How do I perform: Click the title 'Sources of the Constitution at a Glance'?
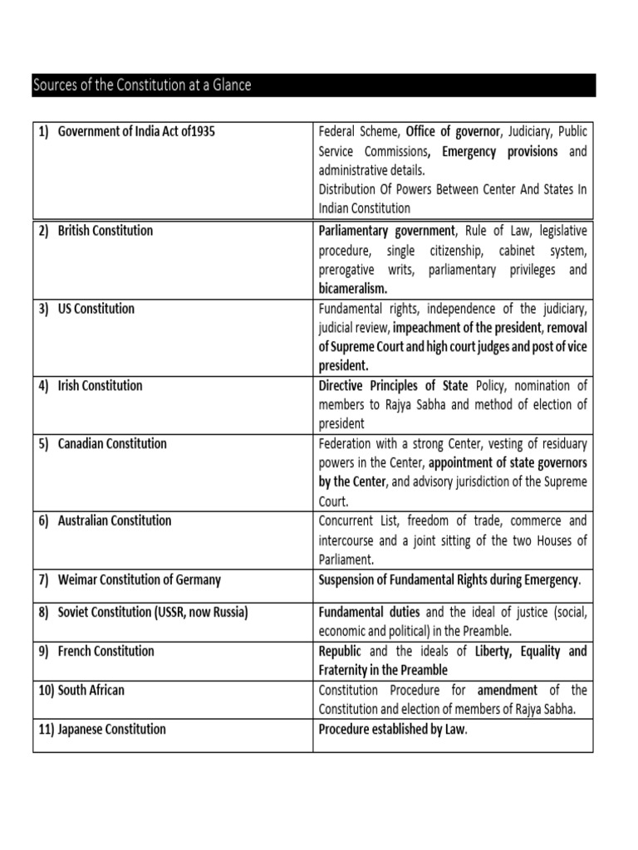point(141,85)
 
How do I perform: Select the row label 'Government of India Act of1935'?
point(136,132)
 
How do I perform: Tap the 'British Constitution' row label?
point(105,231)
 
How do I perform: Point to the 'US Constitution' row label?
point(96,309)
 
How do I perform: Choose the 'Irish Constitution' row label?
point(100,386)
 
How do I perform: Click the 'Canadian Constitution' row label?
point(112,444)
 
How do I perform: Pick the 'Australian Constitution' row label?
point(115,521)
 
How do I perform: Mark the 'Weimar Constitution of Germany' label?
point(140,579)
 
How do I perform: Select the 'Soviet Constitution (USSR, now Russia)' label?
point(153,613)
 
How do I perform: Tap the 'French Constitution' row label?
point(106,651)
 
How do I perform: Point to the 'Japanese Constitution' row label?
point(111,730)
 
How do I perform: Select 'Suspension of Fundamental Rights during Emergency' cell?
point(449,579)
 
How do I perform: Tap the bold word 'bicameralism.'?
point(353,289)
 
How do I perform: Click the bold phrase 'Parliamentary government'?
point(387,231)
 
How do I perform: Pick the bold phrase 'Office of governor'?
point(454,132)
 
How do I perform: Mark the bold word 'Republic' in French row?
point(340,651)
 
